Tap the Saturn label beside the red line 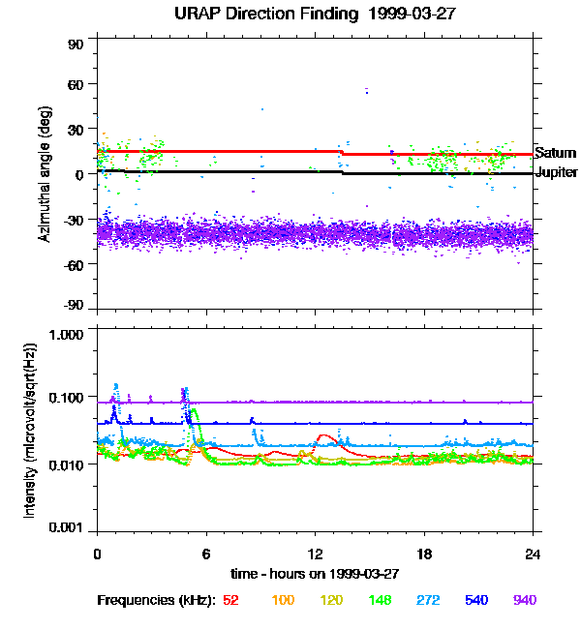555,153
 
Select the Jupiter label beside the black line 555,173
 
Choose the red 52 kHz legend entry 230,600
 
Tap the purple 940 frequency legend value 525,600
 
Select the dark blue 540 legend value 475,600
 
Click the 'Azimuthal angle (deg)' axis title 44,174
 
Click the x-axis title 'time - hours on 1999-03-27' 315,573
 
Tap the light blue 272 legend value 426,600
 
